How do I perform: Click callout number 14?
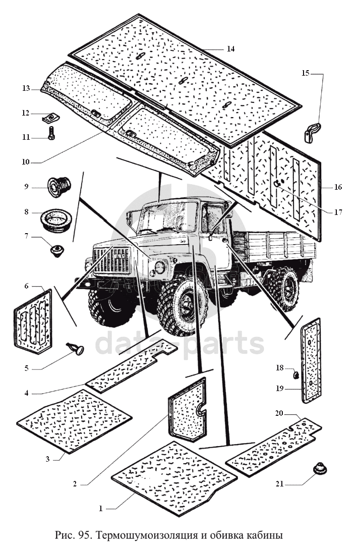click(x=230, y=49)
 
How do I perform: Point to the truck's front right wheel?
click(x=183, y=306)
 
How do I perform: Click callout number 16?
click(x=338, y=187)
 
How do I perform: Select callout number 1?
click(x=101, y=509)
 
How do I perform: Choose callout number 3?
click(x=47, y=459)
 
